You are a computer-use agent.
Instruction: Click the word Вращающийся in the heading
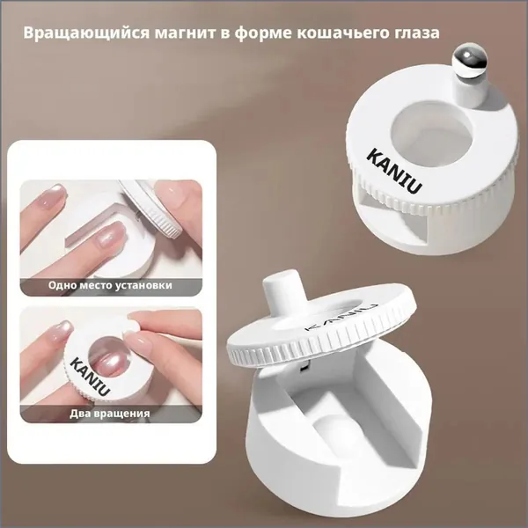[x=86, y=33]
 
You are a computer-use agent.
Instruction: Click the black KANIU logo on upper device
[x=394, y=172]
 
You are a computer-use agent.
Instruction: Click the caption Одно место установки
[x=110, y=285]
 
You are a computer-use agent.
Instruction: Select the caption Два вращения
[x=110, y=414]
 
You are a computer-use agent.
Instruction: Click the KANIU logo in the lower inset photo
[x=90, y=377]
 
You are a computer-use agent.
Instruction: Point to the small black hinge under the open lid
[x=303, y=367]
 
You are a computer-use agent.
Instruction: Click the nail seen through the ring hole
[x=108, y=363]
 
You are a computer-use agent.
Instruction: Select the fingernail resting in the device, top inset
[x=112, y=235]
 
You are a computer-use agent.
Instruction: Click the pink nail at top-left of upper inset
[x=52, y=196]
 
